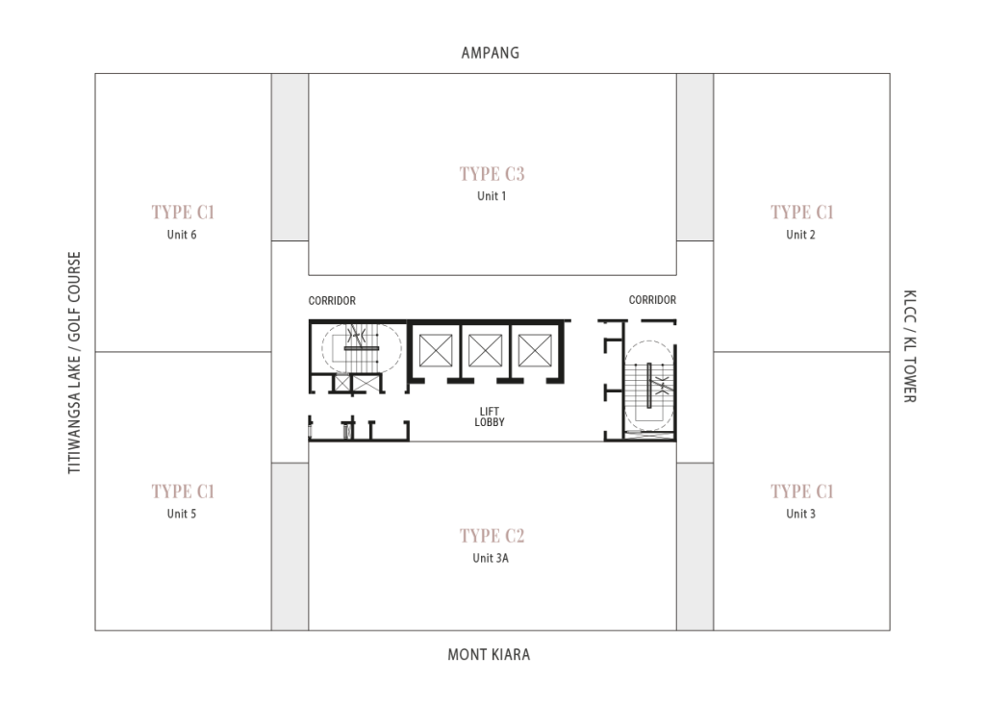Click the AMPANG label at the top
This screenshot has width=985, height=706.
click(x=490, y=53)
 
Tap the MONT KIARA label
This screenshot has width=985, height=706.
click(x=489, y=655)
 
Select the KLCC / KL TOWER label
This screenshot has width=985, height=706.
click(x=909, y=346)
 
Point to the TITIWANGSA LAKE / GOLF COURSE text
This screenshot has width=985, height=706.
click(x=75, y=364)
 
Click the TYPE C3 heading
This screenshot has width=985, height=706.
click(x=492, y=174)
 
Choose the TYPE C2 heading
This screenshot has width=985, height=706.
click(x=492, y=536)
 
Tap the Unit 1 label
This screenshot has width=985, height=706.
click(x=492, y=196)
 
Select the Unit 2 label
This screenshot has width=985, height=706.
click(x=800, y=235)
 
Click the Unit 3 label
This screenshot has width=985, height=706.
click(x=800, y=514)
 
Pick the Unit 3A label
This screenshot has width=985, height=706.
click(x=491, y=558)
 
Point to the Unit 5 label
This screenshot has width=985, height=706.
click(x=182, y=514)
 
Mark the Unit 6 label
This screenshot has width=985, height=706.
click(x=181, y=235)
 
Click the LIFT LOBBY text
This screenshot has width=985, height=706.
click(x=490, y=417)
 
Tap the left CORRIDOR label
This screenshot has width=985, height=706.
click(x=332, y=301)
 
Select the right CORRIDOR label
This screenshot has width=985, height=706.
click(x=652, y=300)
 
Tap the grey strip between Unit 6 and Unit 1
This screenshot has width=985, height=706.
click(x=290, y=157)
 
